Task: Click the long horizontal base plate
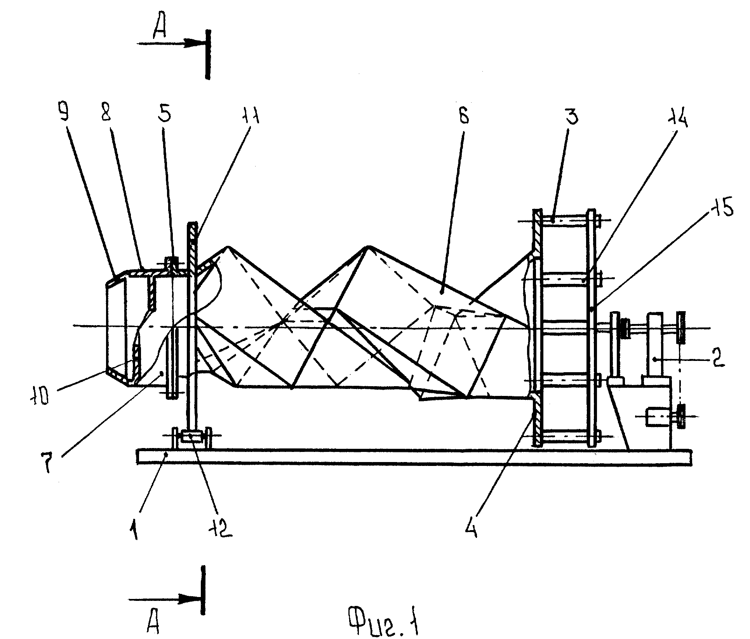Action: click(414, 457)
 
